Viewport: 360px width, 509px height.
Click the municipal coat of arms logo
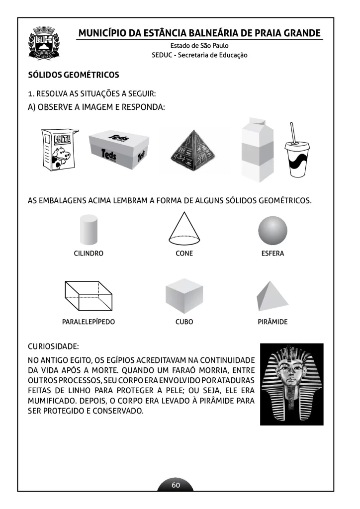[44, 43]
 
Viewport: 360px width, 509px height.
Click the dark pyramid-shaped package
[193, 152]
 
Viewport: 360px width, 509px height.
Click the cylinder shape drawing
[89, 230]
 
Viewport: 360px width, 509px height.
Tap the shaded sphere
[272, 231]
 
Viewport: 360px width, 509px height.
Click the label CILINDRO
[89, 254]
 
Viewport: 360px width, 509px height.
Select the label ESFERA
[272, 254]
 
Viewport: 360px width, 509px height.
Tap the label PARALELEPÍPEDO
[89, 322]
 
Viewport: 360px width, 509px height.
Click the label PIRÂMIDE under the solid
[272, 322]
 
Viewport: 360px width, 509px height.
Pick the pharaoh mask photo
[291, 384]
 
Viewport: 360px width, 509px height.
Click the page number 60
[176, 485]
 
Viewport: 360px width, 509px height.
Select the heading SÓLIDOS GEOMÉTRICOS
[74, 75]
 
